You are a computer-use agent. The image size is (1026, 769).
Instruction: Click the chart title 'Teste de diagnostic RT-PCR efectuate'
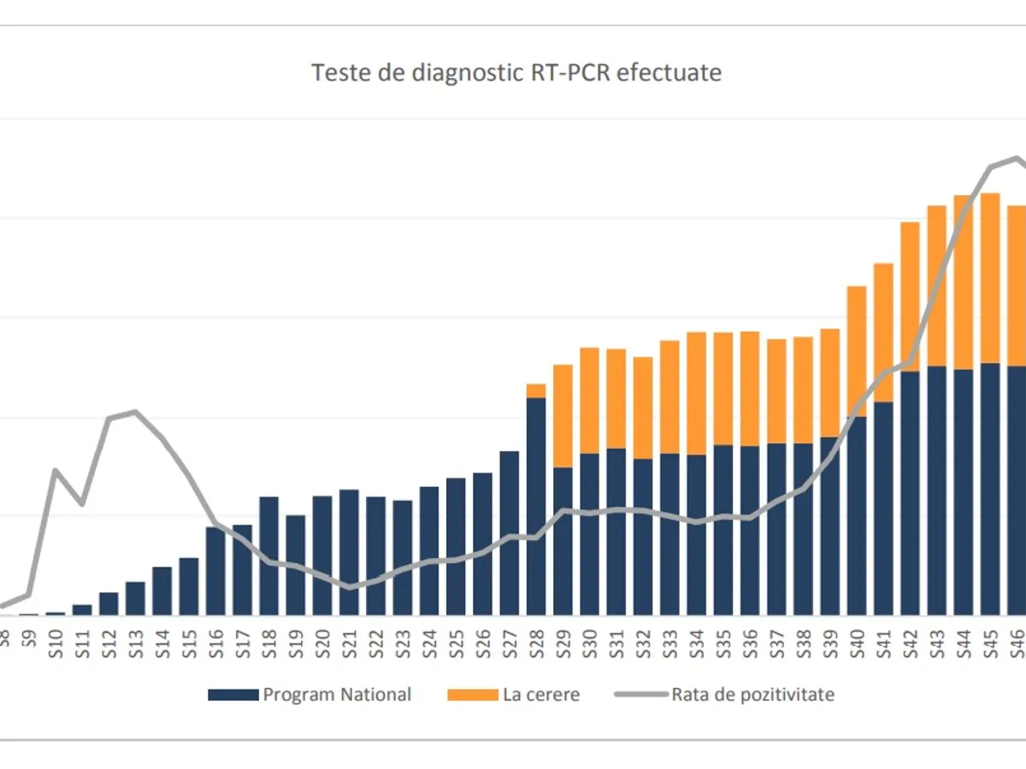coord(516,73)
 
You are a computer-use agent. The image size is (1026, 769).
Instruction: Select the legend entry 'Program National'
coord(337,695)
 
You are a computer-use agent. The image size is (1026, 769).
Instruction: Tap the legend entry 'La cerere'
coord(540,695)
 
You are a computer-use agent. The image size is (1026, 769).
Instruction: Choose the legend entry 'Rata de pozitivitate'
coord(752,695)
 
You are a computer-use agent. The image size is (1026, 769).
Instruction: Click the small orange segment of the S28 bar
coord(536,390)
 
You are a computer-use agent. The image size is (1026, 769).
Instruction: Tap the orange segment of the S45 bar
coord(991,278)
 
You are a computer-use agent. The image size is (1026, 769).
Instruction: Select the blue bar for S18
coord(269,555)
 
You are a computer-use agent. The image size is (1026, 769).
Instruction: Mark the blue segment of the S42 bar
coord(911,493)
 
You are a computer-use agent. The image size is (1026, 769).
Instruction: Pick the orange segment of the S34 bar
coord(697,393)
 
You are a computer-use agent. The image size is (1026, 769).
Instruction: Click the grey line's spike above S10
coord(56,470)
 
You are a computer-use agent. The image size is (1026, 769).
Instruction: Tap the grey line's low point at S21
coord(349,588)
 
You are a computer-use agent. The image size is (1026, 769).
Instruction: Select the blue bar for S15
coord(189,586)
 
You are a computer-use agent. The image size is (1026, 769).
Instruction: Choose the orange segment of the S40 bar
coord(857,351)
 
